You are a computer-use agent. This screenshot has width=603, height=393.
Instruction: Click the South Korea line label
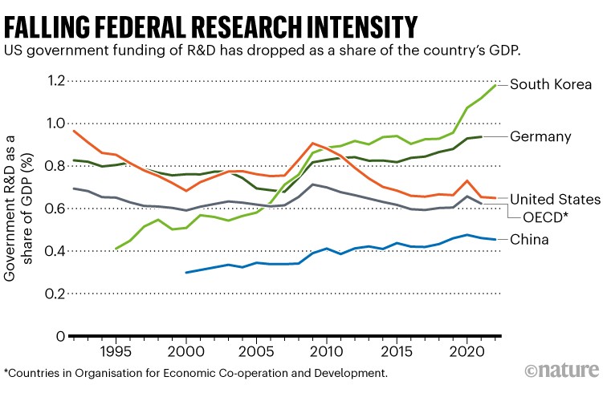[x=550, y=83]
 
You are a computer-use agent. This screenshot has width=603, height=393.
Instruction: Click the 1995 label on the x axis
[x=116, y=352]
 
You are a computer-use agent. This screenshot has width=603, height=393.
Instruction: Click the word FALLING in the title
[x=48, y=26]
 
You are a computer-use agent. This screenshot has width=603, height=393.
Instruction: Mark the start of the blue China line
[x=186, y=273]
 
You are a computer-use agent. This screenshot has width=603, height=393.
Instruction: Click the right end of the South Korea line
[x=494, y=83]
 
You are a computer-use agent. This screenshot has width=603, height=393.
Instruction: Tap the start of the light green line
[x=116, y=249]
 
